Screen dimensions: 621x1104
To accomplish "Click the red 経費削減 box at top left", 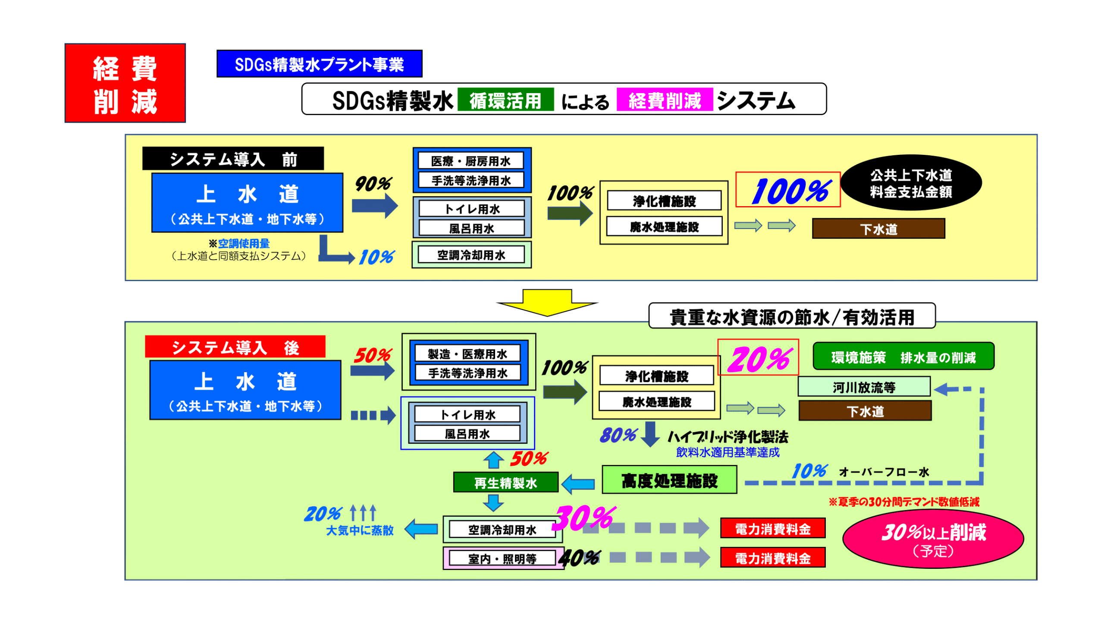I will click(x=125, y=83).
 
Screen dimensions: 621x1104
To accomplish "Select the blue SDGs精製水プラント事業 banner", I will click(x=319, y=64).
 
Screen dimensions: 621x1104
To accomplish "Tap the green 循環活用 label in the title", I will click(x=505, y=100).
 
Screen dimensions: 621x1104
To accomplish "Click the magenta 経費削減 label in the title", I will click(x=665, y=100).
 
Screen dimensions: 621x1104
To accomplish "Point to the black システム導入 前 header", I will click(x=233, y=159).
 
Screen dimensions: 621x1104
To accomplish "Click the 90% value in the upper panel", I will click(x=373, y=184).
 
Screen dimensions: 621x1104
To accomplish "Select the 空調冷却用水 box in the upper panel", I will click(x=471, y=255).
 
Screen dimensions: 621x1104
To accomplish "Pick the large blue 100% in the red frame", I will click(x=788, y=191).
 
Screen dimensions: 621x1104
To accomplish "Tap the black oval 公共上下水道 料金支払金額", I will click(x=911, y=183).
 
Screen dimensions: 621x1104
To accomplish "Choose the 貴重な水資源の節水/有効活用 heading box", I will click(x=792, y=317).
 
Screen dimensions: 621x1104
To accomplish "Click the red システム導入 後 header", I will click(x=235, y=347).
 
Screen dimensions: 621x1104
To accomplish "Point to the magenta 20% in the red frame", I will click(x=758, y=358).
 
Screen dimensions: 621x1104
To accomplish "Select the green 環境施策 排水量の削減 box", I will click(x=903, y=357).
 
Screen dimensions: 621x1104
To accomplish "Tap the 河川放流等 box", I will click(x=864, y=387).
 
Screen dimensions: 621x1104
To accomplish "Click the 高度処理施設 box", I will click(x=669, y=480).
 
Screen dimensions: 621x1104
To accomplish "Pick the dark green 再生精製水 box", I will click(x=505, y=483).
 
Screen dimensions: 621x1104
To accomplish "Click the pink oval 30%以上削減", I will click(x=933, y=539).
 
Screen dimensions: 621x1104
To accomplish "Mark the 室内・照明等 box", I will click(x=502, y=558).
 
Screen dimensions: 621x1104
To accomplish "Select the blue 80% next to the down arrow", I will click(x=618, y=435).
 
